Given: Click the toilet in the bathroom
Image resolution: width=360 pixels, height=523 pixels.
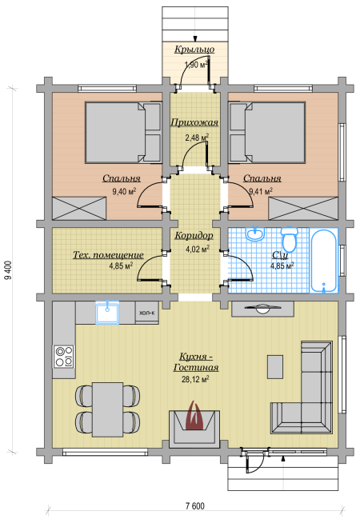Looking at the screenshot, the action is tap(289, 239).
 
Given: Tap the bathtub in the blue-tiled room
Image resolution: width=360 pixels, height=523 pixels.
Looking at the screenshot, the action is tap(323, 261).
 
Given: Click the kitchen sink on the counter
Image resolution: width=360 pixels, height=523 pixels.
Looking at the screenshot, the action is tap(107, 312).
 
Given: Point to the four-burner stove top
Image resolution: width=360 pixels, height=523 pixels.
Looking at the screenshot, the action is tap(64, 357).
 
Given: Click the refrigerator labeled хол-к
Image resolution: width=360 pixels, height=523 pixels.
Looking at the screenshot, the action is tap(147, 313).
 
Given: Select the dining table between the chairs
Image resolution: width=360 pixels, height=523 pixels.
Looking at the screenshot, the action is tap(107, 409).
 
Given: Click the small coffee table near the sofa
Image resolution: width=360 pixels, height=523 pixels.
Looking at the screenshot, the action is tap(275, 366).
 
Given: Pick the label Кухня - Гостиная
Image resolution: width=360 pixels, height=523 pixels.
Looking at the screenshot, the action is tap(196, 362).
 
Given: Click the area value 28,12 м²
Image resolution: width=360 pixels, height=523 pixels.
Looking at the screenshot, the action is tap(195, 379).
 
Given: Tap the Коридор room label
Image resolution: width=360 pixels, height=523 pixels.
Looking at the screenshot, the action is tap(194, 235).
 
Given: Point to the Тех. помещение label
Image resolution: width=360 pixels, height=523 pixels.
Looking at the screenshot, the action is tap(108, 255).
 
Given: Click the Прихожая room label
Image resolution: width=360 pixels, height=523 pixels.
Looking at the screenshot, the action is tap(194, 122).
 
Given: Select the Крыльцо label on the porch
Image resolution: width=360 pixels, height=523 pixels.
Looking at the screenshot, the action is tap(194, 50).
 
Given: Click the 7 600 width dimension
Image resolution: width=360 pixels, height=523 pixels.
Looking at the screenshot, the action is tap(195, 506).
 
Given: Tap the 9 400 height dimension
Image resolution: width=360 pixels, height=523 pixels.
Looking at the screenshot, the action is tap(8, 269).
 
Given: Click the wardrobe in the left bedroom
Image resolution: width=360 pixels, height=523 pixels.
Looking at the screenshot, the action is tap(79, 209).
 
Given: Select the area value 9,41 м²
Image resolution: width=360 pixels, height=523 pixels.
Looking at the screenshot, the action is tap(261, 191).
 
